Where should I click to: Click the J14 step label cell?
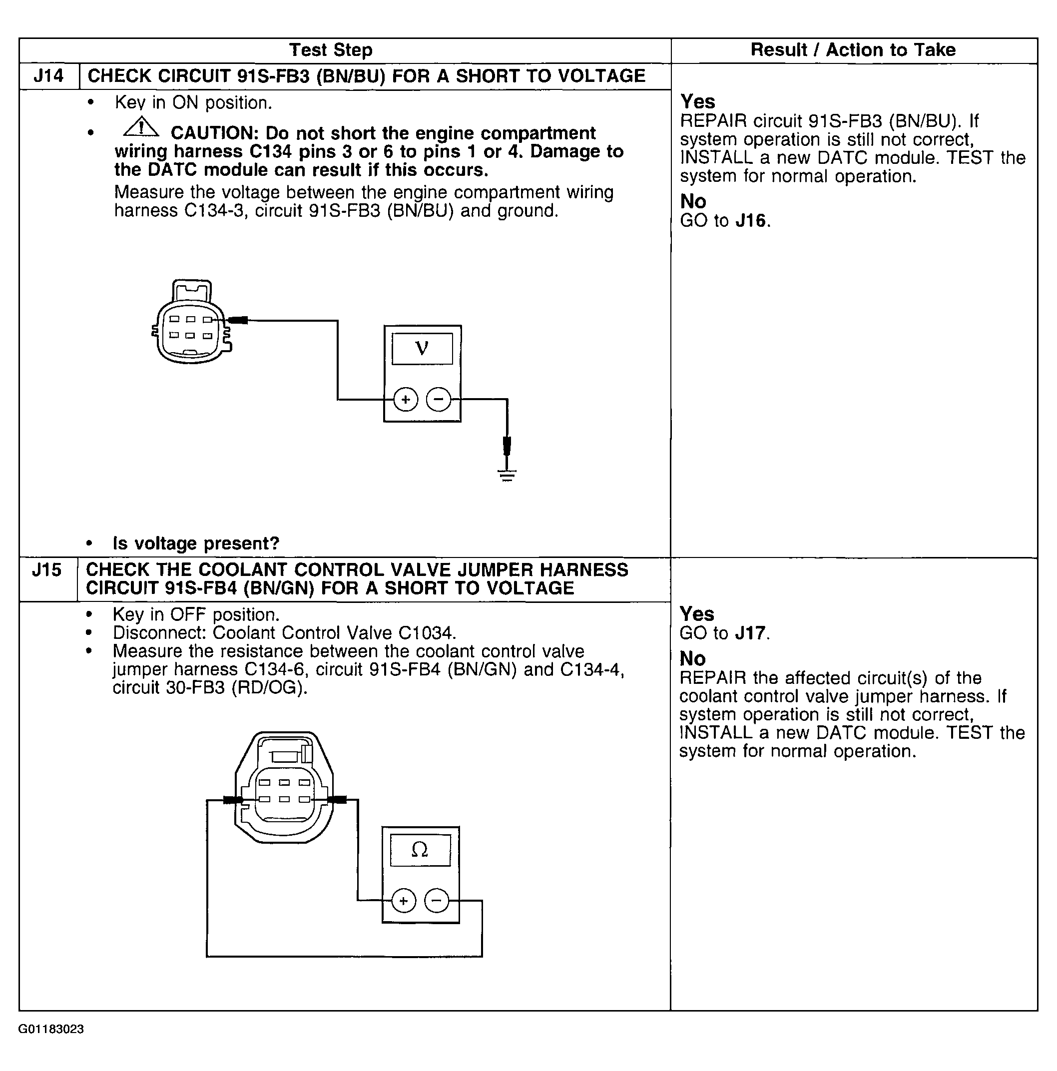[x=49, y=76]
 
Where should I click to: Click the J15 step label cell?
[x=47, y=570]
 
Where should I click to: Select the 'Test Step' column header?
[x=331, y=50]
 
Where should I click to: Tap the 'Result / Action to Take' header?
[x=853, y=50]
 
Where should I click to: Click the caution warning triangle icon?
[x=141, y=128]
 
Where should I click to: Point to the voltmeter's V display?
[x=422, y=349]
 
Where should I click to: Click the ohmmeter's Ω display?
[x=420, y=849]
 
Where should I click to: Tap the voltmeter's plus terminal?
[x=406, y=399]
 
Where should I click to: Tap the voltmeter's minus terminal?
[x=439, y=399]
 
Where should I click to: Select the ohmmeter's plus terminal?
[x=404, y=900]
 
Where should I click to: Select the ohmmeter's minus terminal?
[x=437, y=900]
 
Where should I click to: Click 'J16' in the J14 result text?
[x=751, y=221]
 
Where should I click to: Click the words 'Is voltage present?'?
[x=196, y=543]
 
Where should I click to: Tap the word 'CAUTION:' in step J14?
[x=214, y=133]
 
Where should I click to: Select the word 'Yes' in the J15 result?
[x=697, y=613]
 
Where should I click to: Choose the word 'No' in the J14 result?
[x=693, y=201]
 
